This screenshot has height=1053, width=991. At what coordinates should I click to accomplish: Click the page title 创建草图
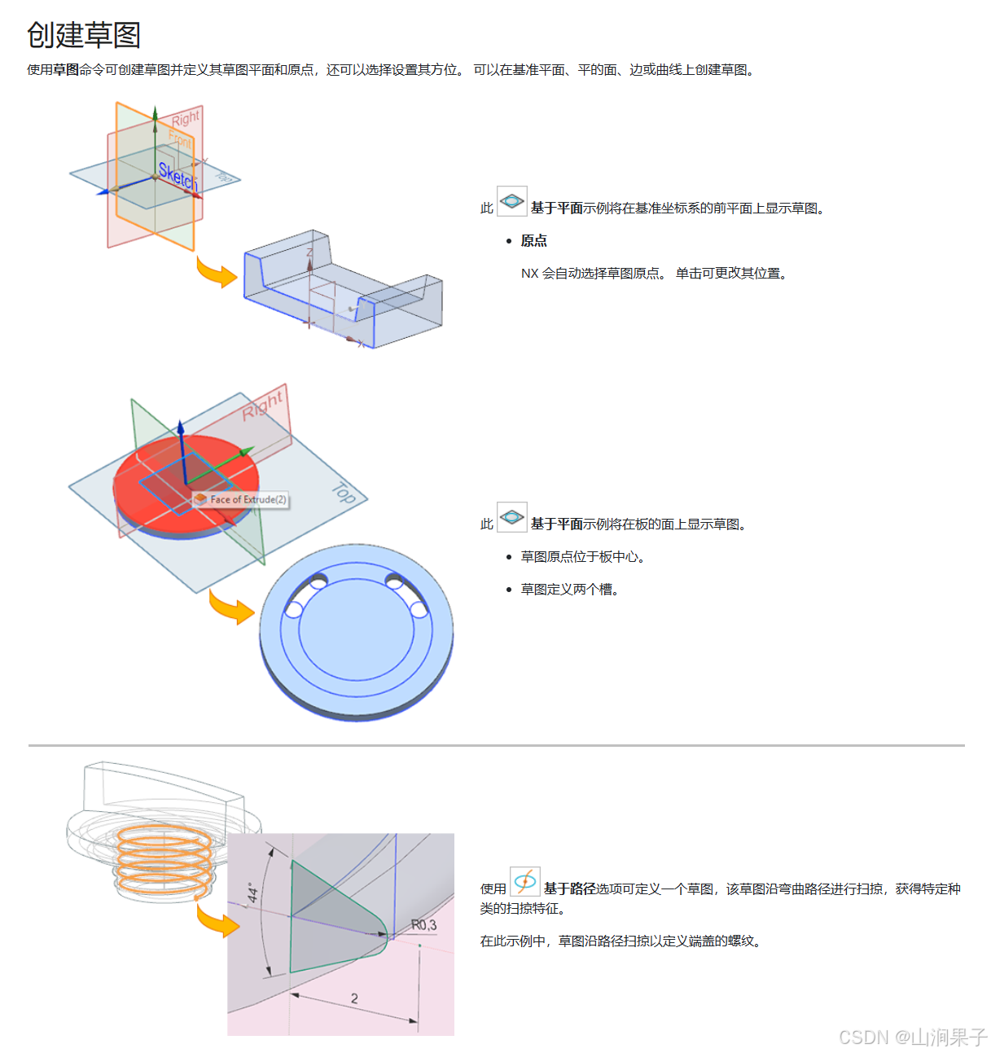point(84,35)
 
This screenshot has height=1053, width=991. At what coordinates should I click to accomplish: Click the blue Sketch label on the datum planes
point(178,175)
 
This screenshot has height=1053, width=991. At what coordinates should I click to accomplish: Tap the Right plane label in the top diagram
point(186,119)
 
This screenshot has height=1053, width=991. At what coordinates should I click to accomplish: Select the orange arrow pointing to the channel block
point(216,274)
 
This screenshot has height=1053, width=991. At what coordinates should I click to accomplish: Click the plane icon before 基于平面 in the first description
point(511,201)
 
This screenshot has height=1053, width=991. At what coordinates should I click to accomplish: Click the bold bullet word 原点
point(534,240)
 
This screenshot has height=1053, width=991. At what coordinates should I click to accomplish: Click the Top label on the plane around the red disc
point(344,493)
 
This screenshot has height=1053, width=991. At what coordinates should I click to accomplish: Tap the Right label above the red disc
point(263,405)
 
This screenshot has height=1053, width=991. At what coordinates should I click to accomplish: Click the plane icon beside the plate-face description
point(511,517)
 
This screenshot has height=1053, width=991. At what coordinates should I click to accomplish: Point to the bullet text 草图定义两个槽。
point(570,589)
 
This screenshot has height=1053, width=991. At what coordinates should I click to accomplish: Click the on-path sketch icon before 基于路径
point(525,882)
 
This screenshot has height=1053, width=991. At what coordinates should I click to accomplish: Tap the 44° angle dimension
point(253,893)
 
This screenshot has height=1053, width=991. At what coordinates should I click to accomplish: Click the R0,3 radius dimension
point(423,925)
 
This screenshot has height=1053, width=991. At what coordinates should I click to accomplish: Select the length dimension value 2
point(354,998)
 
